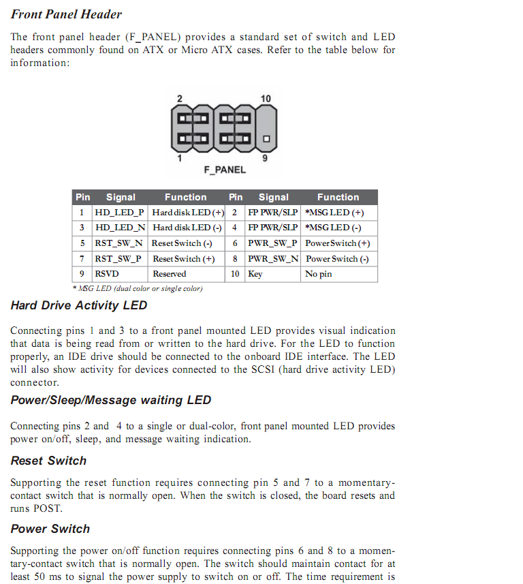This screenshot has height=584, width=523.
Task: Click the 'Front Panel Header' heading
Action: point(66,14)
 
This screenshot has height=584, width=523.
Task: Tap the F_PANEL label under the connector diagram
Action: point(225,170)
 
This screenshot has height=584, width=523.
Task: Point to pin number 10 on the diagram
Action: point(266,99)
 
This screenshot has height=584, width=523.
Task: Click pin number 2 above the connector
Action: point(180,99)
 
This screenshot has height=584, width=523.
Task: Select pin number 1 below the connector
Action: point(180,158)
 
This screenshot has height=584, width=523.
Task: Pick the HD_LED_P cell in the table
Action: point(120,213)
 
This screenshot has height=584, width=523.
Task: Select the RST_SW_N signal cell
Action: point(120,243)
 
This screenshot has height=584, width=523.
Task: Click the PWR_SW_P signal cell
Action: point(272,243)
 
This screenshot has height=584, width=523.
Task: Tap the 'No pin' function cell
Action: point(319,274)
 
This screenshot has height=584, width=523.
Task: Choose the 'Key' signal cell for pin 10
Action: point(255,274)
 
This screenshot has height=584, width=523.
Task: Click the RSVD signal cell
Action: point(108,274)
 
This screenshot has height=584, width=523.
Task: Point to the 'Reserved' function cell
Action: point(170,274)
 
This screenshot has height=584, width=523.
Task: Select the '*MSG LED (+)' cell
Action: point(334,213)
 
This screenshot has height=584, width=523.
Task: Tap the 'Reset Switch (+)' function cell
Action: point(184,259)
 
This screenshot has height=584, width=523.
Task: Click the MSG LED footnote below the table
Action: point(138,288)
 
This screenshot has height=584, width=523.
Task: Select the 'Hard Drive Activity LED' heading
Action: point(79,305)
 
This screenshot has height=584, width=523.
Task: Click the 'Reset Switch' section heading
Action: point(49,461)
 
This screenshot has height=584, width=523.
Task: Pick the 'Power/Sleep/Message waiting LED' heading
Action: point(111,400)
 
